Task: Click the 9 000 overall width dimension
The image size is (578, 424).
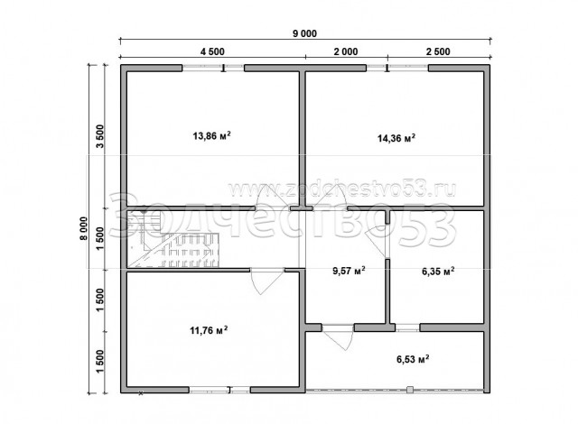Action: click(305, 34)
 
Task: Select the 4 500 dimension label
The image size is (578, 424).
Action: click(212, 51)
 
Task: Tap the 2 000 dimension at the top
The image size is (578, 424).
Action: click(346, 51)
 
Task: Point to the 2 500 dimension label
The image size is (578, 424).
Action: click(438, 51)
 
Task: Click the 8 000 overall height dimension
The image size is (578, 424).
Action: click(84, 228)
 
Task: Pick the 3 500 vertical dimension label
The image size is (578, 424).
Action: click(100, 136)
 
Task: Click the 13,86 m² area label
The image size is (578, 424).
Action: click(212, 136)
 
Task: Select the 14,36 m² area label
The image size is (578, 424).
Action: click(396, 138)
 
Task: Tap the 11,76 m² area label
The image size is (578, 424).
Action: click(209, 330)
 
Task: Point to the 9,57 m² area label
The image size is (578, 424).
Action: click(350, 271)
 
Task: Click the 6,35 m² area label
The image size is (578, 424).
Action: click(438, 272)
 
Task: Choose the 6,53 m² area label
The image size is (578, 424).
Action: click(413, 359)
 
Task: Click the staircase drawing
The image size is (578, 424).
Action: click(173, 239)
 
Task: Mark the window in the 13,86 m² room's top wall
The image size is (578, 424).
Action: click(213, 68)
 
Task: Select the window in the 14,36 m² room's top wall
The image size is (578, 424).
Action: click(397, 68)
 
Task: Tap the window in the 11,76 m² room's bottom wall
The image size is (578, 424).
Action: click(219, 390)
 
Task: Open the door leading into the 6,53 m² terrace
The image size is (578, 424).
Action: click(337, 337)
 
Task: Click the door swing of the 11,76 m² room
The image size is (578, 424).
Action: click(266, 281)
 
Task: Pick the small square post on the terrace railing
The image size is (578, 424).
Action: click(409, 390)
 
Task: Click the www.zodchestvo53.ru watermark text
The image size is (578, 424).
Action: click(342, 189)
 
